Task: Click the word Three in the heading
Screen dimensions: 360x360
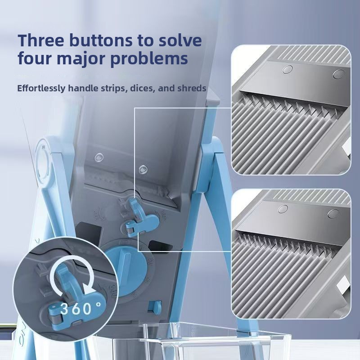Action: pos(41,40)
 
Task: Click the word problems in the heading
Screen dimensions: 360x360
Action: pos(149,59)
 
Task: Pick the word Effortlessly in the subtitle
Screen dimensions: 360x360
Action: pos(41,88)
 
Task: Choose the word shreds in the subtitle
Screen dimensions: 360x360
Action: pos(191,88)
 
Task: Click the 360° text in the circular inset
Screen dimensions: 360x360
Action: pos(81,308)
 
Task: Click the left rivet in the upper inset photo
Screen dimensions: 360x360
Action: pos(288,69)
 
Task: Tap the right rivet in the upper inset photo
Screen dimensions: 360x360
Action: pos(339,74)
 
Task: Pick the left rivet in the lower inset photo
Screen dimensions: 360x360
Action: pos(283,209)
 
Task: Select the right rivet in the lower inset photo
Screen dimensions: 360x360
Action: pos(333,214)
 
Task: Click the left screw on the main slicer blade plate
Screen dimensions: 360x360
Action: pos(99,157)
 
